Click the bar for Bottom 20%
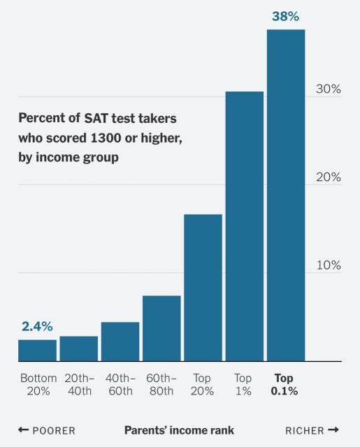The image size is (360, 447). [37, 350]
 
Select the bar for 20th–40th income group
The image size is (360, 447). [78, 349]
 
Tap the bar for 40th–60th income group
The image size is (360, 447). [120, 342]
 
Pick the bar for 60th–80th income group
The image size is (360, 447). [161, 328]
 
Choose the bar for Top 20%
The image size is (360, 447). [203, 288]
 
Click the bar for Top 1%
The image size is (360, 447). [244, 226]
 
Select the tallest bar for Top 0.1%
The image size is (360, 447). [285, 196]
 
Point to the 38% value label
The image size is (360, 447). [285, 15]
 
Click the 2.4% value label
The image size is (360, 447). [37, 326]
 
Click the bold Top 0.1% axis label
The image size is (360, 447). [285, 384]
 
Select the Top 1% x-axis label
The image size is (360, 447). [243, 384]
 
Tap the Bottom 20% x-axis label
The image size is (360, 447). [38, 384]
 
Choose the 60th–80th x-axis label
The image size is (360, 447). [161, 384]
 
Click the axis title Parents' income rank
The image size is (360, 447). [179, 430]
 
